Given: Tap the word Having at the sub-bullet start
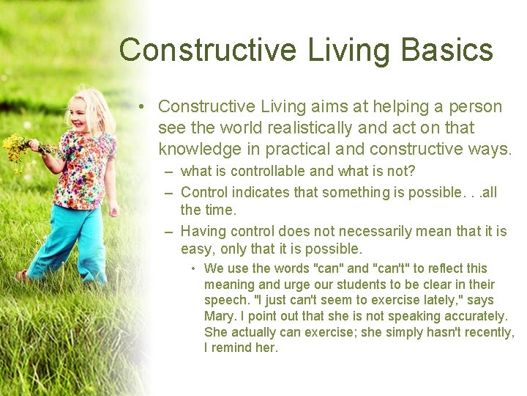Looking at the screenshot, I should point(203,232).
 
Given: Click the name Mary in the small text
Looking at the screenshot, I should point(218,316).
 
